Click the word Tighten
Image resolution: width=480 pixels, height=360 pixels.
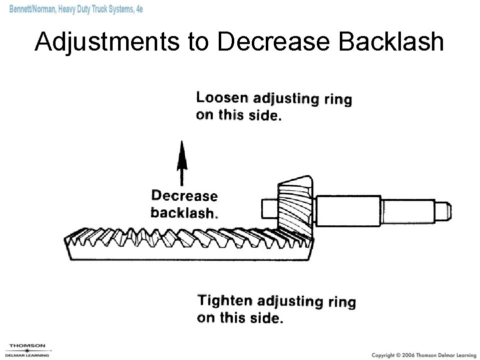click(225, 300)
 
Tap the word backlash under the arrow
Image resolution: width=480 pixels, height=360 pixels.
click(184, 213)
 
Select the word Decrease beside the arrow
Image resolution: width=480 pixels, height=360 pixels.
click(184, 196)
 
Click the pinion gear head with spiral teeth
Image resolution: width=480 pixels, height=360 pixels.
click(296, 208)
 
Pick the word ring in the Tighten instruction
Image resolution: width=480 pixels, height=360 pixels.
click(342, 302)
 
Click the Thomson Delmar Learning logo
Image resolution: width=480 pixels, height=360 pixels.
click(27, 349)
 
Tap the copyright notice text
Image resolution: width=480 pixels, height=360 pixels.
click(423, 354)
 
